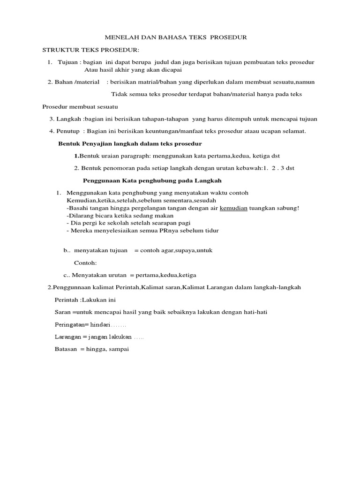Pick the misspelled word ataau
(x=263, y=131)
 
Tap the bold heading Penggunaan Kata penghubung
(x=152, y=180)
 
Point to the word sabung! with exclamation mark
(x=288, y=208)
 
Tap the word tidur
(x=211, y=231)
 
